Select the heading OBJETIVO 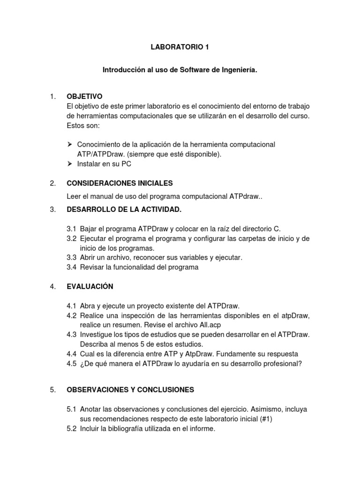(85, 96)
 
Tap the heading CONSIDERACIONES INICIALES (120, 183)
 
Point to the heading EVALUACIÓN (90, 286)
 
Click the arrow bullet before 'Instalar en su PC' (70, 164)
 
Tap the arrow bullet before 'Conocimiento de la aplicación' (70, 144)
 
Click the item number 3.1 (71, 229)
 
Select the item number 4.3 (71, 334)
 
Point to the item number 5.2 (71, 428)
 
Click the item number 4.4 (71, 353)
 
